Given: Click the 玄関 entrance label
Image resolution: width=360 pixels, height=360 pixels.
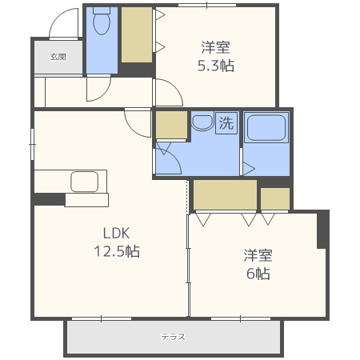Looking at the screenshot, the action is [58, 57].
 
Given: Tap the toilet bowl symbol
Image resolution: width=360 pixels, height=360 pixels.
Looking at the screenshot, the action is [102, 21].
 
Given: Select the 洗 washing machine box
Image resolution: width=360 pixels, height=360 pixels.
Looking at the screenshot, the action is [226, 122].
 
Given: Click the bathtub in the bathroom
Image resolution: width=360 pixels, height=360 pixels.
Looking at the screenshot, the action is [266, 128].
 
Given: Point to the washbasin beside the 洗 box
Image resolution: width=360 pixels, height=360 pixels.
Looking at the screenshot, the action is [202, 123].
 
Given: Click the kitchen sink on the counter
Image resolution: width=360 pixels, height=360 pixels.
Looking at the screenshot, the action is [85, 182].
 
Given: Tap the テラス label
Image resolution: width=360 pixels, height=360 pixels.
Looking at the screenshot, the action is [173, 337].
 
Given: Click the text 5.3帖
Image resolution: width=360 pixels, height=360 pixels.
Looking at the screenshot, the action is [216, 66].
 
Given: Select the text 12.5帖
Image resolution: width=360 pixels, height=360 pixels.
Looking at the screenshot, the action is [117, 251].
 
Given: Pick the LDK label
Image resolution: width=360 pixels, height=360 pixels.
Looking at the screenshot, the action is [117, 234].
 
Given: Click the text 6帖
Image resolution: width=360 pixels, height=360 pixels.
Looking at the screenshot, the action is [258, 274].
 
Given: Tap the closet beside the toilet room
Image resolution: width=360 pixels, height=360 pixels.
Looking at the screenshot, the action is [137, 35].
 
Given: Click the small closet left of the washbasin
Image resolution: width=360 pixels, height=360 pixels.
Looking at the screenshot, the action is [171, 125].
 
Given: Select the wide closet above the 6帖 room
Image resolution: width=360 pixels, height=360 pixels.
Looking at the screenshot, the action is [225, 195].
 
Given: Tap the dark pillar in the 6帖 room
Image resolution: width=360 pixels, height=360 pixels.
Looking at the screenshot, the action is [323, 230].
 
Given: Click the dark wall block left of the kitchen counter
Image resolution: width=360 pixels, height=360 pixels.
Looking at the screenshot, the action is [50, 199].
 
